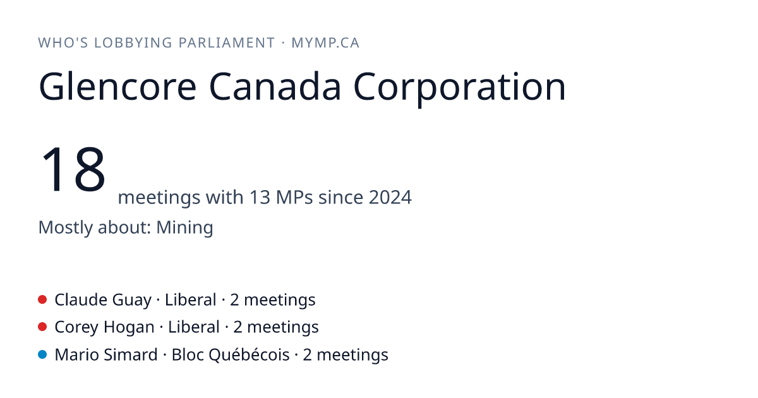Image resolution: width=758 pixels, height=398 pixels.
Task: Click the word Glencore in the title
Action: click(x=117, y=87)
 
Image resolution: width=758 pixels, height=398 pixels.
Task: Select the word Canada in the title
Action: click(x=275, y=87)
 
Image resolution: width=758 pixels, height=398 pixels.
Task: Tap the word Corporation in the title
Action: click(x=460, y=88)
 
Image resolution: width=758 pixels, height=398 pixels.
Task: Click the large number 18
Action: click(x=73, y=169)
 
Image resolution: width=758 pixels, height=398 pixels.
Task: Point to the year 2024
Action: click(x=390, y=197)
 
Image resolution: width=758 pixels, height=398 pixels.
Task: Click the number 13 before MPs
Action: click(x=260, y=197)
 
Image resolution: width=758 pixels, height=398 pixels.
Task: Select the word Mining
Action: click(x=184, y=227)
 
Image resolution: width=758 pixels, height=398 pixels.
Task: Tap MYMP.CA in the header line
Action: click(x=325, y=43)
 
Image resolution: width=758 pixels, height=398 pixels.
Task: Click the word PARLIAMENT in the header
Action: click(x=227, y=43)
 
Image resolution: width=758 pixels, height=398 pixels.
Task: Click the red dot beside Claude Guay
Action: click(x=42, y=299)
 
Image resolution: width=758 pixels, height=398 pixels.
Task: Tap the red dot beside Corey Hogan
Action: click(x=42, y=327)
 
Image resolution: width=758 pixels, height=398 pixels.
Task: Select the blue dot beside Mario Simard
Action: click(x=42, y=354)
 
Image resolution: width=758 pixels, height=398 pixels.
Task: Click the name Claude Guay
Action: click(x=103, y=300)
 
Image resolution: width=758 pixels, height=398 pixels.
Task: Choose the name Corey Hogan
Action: click(x=104, y=327)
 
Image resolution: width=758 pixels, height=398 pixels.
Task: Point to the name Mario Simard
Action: click(x=106, y=354)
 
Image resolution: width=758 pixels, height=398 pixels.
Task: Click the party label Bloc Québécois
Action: click(x=231, y=355)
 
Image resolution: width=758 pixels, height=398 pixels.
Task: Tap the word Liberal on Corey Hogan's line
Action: click(x=193, y=327)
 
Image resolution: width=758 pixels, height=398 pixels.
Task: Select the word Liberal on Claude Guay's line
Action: click(x=190, y=299)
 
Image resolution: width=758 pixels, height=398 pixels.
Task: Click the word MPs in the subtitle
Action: click(x=294, y=197)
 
